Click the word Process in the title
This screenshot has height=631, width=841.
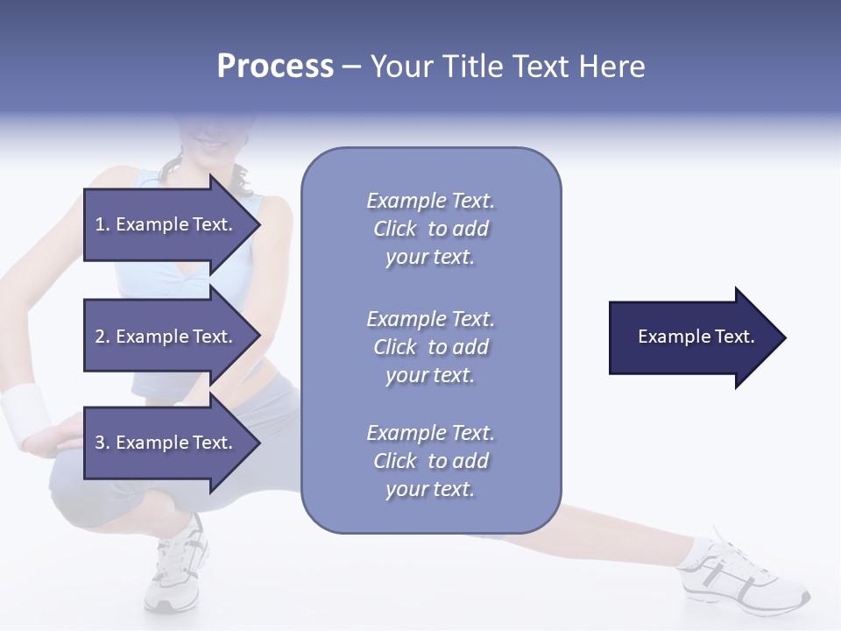(x=275, y=67)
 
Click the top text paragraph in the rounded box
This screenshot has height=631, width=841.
(x=430, y=229)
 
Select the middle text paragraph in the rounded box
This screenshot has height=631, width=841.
(x=430, y=347)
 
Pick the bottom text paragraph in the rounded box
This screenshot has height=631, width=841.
(x=430, y=461)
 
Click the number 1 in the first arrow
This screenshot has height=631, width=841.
(x=100, y=224)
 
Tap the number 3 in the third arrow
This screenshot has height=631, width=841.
(x=100, y=443)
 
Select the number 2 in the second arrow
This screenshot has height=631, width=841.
(x=100, y=337)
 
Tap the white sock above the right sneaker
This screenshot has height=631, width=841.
(x=701, y=549)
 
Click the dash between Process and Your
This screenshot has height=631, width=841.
(x=351, y=67)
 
